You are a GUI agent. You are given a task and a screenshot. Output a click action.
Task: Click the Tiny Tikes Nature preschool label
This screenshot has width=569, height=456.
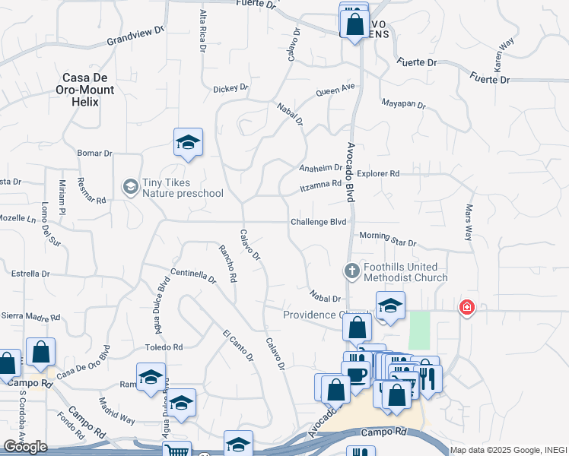[183, 187]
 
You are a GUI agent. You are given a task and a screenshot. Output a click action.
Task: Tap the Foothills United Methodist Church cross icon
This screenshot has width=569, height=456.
[351, 271]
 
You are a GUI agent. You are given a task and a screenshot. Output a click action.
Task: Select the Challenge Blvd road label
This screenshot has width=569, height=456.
[318, 222]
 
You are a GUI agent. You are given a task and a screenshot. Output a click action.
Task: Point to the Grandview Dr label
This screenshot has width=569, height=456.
[136, 35]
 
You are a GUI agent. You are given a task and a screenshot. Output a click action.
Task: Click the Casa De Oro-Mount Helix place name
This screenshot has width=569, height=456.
[88, 89]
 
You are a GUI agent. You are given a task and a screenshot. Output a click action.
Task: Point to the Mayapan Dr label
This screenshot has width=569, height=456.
[403, 104]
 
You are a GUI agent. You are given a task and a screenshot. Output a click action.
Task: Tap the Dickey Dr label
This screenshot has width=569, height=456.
[230, 88]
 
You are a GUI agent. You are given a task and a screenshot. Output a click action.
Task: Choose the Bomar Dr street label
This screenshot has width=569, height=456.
[95, 154]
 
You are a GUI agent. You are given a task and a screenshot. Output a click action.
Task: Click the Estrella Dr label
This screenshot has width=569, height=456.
[30, 274]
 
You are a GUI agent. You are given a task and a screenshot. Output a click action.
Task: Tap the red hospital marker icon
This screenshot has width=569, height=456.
[466, 307]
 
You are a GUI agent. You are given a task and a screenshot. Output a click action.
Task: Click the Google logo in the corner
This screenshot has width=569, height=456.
[26, 447]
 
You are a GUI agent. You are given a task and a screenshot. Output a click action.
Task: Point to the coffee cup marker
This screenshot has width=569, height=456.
[355, 373]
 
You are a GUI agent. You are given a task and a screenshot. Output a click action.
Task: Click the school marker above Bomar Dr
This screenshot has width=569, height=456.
[188, 142]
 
